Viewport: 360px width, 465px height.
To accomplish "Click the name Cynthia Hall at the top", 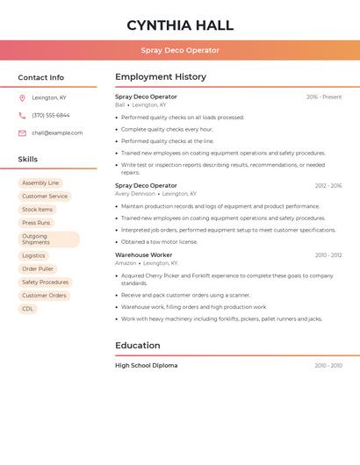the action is (x=180, y=25).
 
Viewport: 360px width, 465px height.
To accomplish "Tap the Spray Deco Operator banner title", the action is (x=180, y=50).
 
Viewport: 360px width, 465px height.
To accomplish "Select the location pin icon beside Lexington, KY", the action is (x=22, y=97).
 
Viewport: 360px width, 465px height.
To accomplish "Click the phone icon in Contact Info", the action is (x=22, y=115).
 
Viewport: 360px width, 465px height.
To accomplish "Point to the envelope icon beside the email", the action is (x=22, y=133).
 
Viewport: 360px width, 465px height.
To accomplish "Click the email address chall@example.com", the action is (x=57, y=133).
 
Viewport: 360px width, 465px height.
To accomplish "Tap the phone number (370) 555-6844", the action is (x=50, y=115).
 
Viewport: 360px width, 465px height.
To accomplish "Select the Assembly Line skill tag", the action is (x=40, y=183).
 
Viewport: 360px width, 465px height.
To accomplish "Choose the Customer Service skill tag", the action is (x=45, y=197).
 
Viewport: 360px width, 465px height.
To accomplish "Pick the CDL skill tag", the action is (x=27, y=309).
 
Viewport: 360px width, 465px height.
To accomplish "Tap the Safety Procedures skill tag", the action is (x=45, y=283).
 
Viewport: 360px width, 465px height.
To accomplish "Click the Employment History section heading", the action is (x=160, y=77).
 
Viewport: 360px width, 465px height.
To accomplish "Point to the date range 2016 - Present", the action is (x=324, y=97).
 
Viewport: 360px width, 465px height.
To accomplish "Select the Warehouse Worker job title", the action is (x=143, y=255).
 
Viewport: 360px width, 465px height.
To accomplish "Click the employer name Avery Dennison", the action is (x=134, y=194).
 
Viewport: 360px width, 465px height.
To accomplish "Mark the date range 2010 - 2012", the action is (x=328, y=255).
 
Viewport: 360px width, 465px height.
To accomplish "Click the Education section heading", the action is (x=137, y=346).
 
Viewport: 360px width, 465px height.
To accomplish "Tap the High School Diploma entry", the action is (x=146, y=365).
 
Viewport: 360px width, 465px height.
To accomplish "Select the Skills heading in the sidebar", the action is (x=28, y=160).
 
